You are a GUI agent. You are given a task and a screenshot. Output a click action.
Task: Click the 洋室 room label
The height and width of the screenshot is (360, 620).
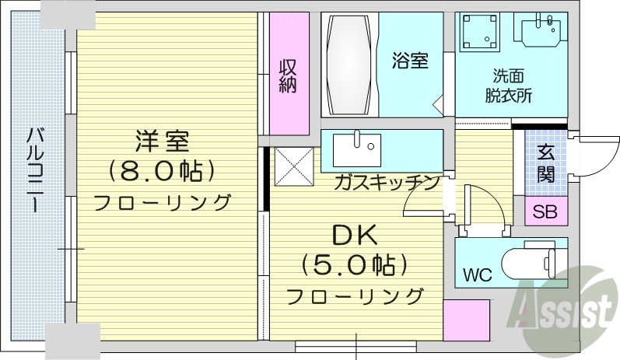(162, 142)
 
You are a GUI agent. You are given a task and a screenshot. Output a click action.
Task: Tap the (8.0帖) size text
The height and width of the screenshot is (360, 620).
(162, 170)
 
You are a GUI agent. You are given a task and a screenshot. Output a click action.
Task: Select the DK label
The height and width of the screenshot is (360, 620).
(355, 234)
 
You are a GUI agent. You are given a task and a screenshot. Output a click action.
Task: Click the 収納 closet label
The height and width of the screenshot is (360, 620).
(288, 76)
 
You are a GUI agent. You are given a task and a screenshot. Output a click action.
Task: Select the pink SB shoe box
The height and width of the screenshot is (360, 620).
(545, 211)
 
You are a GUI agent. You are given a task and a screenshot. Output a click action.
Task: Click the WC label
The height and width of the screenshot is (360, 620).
(478, 274)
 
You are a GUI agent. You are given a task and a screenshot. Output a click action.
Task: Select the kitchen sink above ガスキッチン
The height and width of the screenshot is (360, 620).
(356, 146)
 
